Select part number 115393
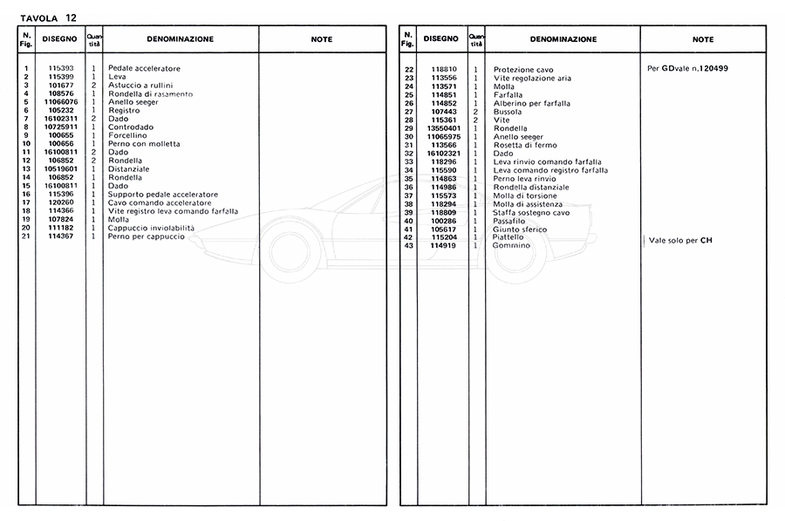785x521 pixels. pyautogui.click(x=60, y=68)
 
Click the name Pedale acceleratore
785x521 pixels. pyautogui.click(x=144, y=68)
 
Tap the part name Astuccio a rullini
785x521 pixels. pyautogui.click(x=140, y=85)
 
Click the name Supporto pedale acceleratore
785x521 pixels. pyautogui.click(x=162, y=195)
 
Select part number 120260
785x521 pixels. pyautogui.click(x=60, y=202)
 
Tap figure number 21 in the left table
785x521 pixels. pyautogui.click(x=27, y=237)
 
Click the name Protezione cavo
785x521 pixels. pyautogui.click(x=523, y=70)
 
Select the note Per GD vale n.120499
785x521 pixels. pyautogui.click(x=688, y=68)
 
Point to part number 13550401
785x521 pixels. pyautogui.click(x=444, y=128)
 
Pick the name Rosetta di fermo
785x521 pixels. pyautogui.click(x=524, y=145)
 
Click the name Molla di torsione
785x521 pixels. pyautogui.click(x=526, y=195)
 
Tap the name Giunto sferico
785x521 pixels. pyautogui.click(x=520, y=229)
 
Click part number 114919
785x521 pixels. pyautogui.click(x=444, y=245)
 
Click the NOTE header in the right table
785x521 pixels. pyautogui.click(x=702, y=39)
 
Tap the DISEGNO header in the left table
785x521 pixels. pyautogui.click(x=60, y=39)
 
